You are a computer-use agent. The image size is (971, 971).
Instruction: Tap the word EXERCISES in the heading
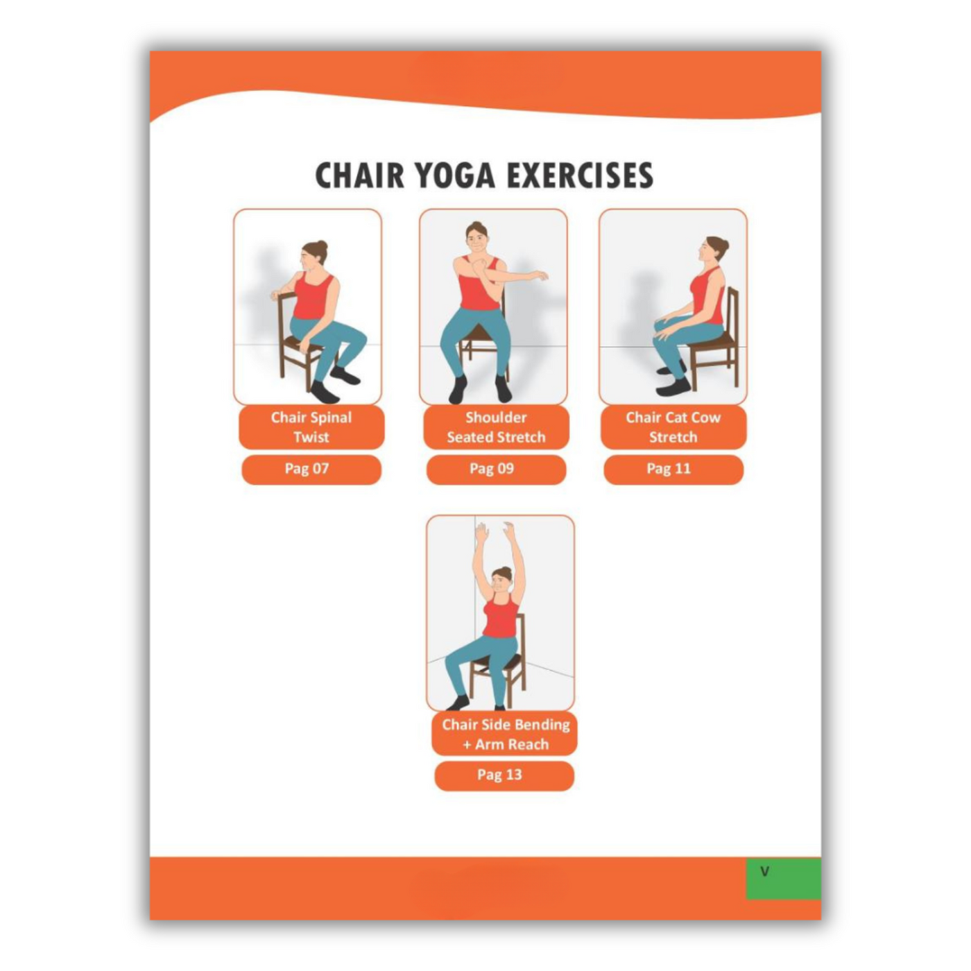click(x=580, y=175)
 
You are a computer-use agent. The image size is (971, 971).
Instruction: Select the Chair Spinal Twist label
click(x=311, y=427)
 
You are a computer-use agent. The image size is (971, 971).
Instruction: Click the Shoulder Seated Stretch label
click(x=496, y=427)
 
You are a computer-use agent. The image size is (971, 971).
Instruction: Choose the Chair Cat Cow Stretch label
click(x=673, y=427)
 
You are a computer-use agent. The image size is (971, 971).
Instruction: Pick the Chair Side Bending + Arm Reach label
click(x=505, y=734)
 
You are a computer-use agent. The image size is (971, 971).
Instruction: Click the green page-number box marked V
click(x=782, y=878)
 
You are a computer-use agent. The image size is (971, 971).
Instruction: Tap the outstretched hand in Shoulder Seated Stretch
click(x=539, y=277)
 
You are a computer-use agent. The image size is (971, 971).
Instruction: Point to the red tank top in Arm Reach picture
click(x=501, y=617)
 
